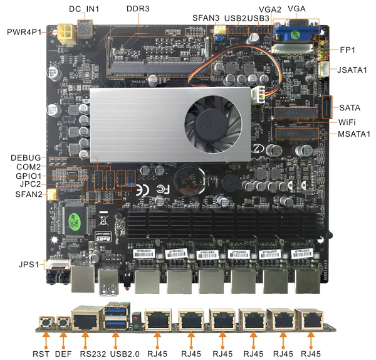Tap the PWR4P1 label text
[x=24, y=31]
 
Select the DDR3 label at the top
[x=138, y=9]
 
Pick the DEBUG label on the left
[x=26, y=157]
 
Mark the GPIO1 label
[x=28, y=176]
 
